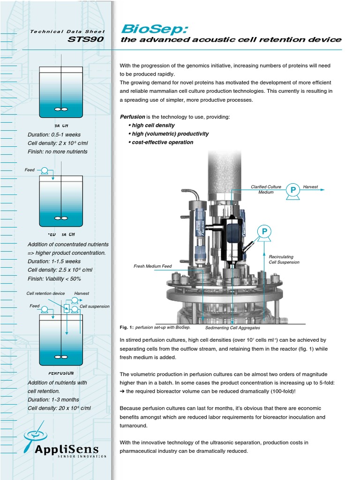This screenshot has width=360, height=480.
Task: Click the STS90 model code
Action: (86, 39)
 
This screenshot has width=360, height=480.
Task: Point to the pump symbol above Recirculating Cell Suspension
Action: (264, 232)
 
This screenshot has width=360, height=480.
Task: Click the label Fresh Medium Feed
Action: (153, 266)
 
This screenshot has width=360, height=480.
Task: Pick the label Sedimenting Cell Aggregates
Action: (232, 328)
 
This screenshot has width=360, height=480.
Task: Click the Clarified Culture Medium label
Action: (266, 189)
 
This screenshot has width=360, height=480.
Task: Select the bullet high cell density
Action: (151, 125)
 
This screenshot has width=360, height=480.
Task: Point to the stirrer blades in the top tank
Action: (61, 109)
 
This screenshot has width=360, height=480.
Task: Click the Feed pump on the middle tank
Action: (45, 170)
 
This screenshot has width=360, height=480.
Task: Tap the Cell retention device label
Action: (45, 293)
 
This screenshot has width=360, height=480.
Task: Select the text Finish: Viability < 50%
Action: (54, 279)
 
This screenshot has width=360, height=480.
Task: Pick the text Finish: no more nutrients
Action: (57, 151)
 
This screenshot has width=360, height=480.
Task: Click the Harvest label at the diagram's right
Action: (310, 187)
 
